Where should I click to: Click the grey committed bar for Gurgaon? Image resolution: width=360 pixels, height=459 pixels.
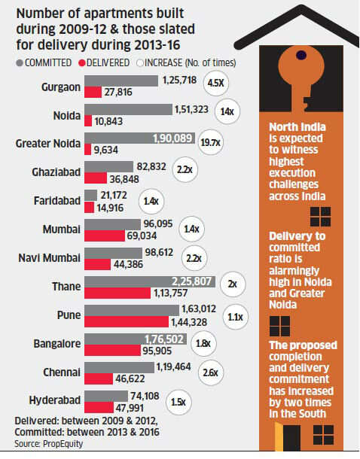[x=121, y=81]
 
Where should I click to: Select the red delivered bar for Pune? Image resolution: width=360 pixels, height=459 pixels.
[x=127, y=321]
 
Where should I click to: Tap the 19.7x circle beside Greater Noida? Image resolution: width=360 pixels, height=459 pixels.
[x=211, y=142]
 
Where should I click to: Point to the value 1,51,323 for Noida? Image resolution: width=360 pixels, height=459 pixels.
[x=191, y=109]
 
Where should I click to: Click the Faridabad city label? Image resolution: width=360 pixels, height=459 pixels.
[x=57, y=201]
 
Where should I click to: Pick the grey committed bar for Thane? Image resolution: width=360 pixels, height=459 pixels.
[x=150, y=281]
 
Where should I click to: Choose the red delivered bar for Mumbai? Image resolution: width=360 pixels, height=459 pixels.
[x=105, y=236]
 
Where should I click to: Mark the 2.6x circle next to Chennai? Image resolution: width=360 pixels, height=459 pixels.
[x=211, y=372]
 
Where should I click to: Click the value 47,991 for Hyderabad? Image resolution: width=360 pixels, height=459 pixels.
[x=130, y=408]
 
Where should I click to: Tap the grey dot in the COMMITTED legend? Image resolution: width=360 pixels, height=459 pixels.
[x=20, y=63]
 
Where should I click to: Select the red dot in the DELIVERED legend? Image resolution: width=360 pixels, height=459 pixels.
[x=82, y=63]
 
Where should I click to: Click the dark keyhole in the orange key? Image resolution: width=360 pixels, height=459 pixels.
[x=301, y=55]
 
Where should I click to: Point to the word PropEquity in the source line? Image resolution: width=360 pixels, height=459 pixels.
[x=63, y=444]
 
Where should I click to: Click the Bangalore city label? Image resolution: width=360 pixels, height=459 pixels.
[x=57, y=344]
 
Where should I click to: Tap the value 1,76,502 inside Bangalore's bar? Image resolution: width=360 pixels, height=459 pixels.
[x=164, y=339]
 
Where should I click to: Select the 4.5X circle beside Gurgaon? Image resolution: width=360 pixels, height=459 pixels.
[x=216, y=83]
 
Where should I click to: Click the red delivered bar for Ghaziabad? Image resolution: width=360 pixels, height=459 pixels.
[x=96, y=178]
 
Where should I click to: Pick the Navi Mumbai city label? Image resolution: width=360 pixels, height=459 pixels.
[x=49, y=258]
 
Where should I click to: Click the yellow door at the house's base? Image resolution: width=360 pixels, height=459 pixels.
[x=279, y=436]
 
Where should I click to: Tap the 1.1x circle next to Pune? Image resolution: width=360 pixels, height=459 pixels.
[x=236, y=317]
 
